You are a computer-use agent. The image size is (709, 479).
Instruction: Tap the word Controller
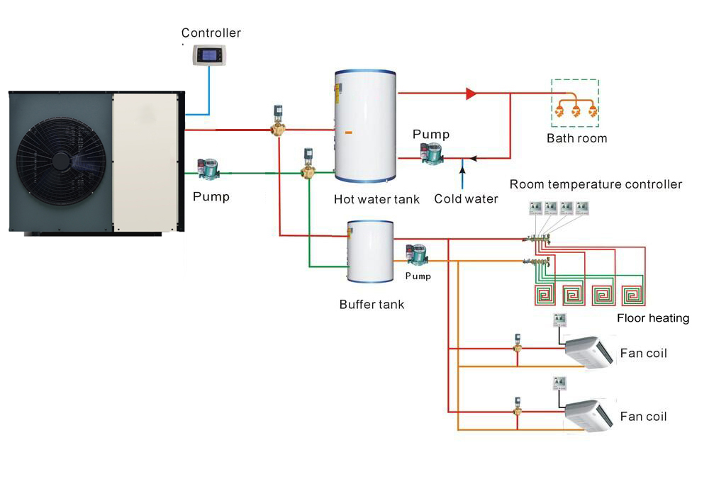point(211,33)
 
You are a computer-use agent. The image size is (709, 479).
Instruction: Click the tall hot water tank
point(365,133)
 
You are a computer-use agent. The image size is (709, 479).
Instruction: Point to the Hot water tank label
point(376,199)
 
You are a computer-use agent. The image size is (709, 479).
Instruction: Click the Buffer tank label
point(372,305)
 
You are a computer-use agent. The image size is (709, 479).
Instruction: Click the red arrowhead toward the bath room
point(471,93)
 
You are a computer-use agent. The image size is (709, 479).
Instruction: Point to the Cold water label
point(466,199)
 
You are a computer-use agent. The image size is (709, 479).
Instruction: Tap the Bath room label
point(576,138)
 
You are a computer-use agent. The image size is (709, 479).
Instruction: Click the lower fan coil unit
point(588,415)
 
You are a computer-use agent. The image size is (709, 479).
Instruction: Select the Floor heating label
point(653,318)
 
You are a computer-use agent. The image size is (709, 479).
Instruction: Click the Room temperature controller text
point(596,184)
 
